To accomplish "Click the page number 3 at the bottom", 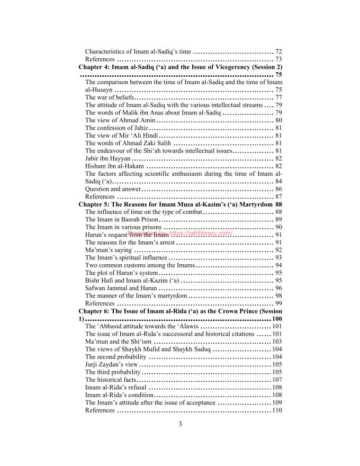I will click(x=180, y=423).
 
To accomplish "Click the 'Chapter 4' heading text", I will click(x=180, y=67).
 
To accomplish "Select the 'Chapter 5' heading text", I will click(x=175, y=204).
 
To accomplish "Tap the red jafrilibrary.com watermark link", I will click(x=180, y=233).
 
